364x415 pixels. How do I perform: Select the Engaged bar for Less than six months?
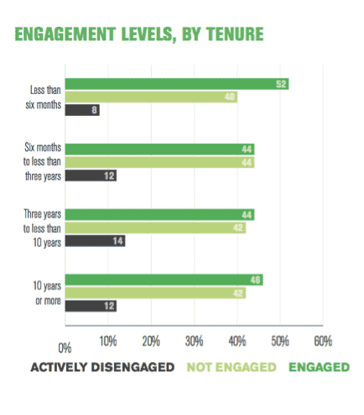pyautogui.click(x=176, y=84)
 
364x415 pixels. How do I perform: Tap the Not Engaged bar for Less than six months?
pyautogui.click(x=150, y=97)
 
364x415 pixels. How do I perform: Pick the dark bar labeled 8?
pyautogui.click(x=81, y=109)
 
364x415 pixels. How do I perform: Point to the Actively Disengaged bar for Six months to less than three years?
pyautogui.click(x=90, y=176)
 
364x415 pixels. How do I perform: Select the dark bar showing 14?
pyautogui.click(x=94, y=240)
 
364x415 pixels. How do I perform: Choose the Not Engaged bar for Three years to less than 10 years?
pyautogui.click(x=154, y=228)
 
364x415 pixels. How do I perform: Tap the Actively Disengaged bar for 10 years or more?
pyautogui.click(x=90, y=306)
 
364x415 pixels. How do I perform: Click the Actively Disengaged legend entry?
pyautogui.click(x=102, y=367)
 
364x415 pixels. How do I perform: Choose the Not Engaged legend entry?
pyautogui.click(x=231, y=367)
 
